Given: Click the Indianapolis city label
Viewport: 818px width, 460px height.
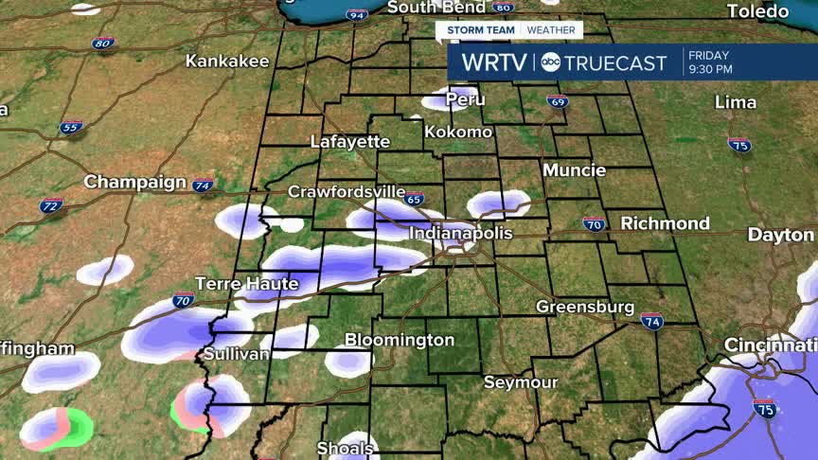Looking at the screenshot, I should (x=461, y=233).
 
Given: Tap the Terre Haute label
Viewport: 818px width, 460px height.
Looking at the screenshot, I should (x=246, y=283).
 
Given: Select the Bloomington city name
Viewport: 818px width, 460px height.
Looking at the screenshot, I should (x=400, y=339).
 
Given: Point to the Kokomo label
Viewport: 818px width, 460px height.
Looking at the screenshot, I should (x=458, y=132).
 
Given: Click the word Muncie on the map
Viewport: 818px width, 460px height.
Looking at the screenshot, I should (x=574, y=170).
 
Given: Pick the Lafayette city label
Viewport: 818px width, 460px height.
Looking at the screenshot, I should (x=350, y=141).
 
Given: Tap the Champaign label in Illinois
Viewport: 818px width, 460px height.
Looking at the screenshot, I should (x=135, y=181).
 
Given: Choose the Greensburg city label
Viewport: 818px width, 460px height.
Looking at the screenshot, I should (x=584, y=307).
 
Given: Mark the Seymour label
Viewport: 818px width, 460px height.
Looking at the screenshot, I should (x=521, y=382).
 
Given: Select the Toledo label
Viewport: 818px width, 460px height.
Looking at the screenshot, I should (x=757, y=11).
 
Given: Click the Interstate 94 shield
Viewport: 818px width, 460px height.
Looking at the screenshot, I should (x=357, y=16).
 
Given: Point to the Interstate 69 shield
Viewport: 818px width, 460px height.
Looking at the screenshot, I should (x=558, y=101).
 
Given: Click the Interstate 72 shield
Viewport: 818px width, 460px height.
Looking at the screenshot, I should (x=51, y=205).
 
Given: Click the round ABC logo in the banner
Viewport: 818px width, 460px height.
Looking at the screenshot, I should (x=550, y=63).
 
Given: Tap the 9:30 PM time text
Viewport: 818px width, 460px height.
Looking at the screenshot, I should (x=710, y=69).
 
